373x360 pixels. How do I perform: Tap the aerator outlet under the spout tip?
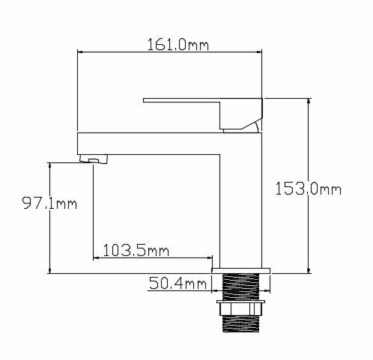tap(95, 159)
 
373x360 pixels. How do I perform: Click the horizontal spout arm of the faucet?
tap(150, 142)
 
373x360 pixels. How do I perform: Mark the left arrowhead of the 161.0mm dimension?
tap(82, 52)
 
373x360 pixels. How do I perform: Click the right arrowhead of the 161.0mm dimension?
tap(261, 52)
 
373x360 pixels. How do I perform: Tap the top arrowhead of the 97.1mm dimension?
tap(49, 164)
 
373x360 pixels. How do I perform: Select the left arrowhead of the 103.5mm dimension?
tap(97, 258)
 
